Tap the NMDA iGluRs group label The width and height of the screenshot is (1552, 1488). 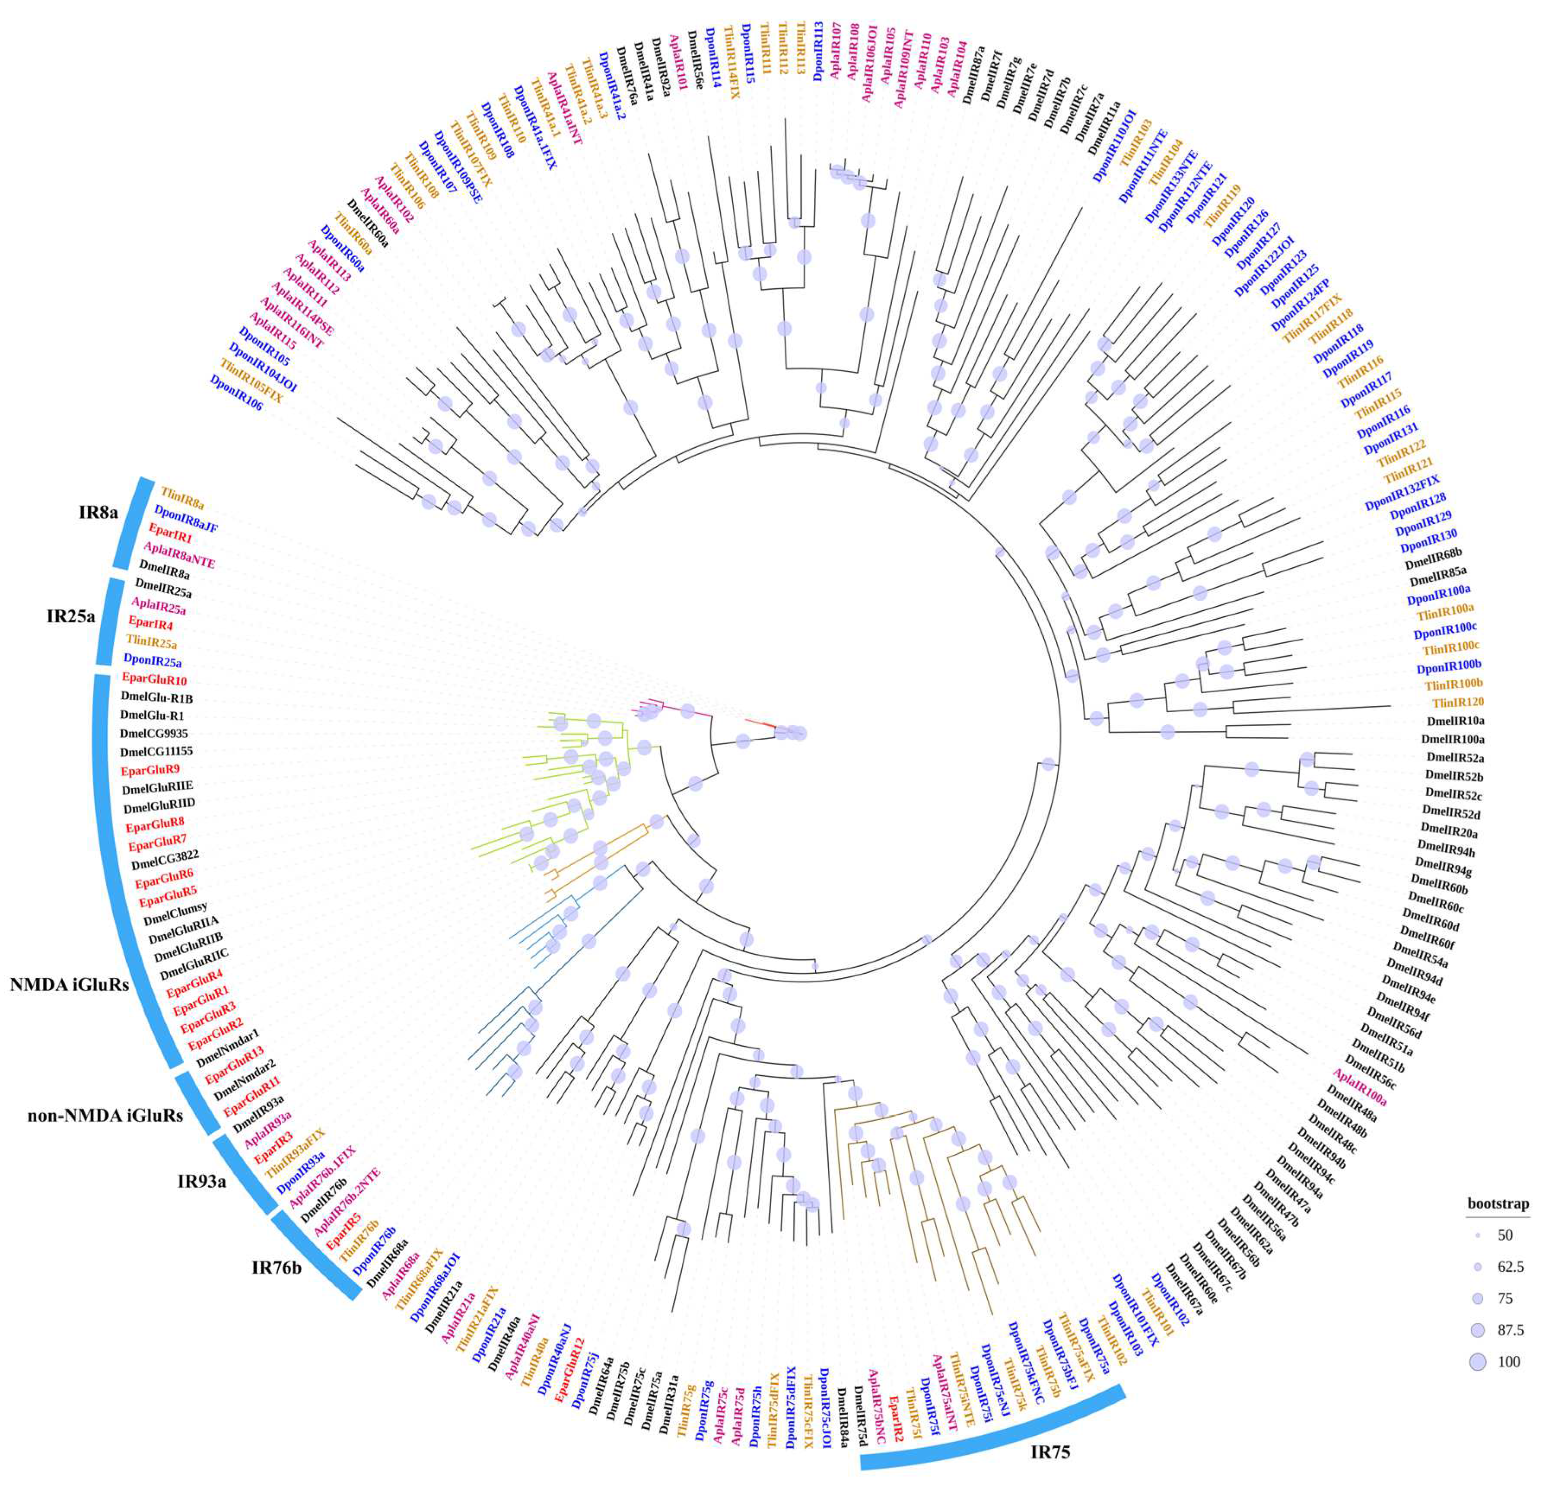pyautogui.click(x=70, y=985)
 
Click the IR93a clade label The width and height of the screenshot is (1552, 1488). pyautogui.click(x=201, y=1182)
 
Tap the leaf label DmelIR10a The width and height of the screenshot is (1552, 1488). pyautogui.click(x=1455, y=720)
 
